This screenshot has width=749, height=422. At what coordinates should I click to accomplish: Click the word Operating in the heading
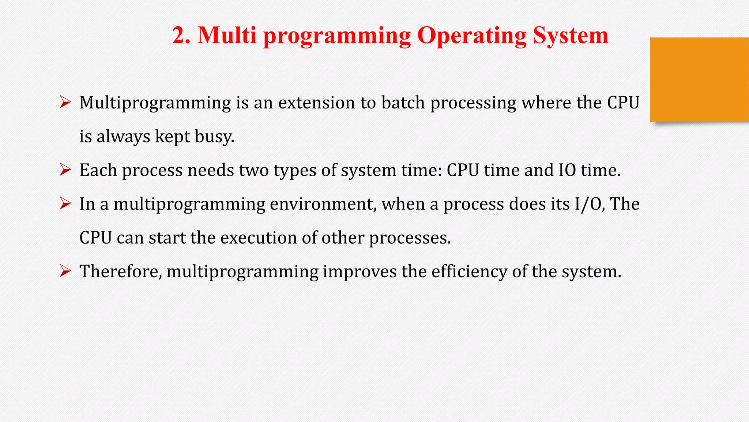click(x=471, y=36)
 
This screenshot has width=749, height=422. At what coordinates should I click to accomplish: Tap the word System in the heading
click(x=571, y=36)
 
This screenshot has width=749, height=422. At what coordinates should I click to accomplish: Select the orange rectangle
click(x=699, y=79)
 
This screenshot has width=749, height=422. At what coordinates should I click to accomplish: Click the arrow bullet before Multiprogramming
click(x=65, y=102)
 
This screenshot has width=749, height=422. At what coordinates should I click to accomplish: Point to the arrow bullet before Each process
click(x=65, y=170)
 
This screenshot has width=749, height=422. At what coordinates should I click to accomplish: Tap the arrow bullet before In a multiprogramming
click(x=65, y=204)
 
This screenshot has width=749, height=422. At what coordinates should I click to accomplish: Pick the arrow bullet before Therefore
click(x=65, y=271)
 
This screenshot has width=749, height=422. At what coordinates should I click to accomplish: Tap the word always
click(x=123, y=137)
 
